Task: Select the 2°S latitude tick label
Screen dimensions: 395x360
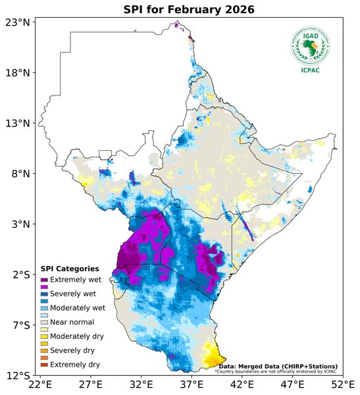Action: click(19, 275)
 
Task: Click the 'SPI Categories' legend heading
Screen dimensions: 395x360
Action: click(70, 269)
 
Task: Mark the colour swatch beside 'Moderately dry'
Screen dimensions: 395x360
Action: click(45, 336)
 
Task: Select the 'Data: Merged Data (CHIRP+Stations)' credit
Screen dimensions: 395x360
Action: click(278, 366)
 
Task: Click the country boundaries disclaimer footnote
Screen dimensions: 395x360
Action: click(276, 371)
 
